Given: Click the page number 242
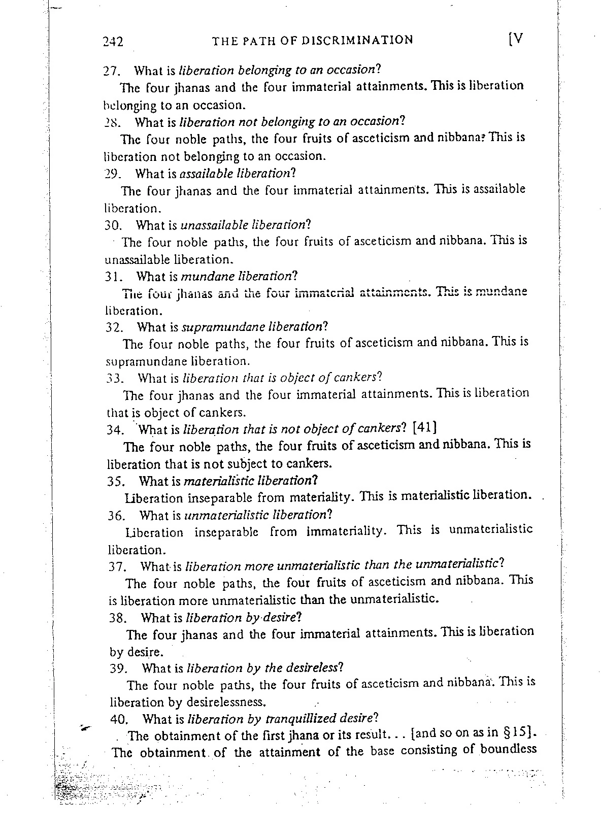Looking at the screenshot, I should point(113,41).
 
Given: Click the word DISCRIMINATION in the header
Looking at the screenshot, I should point(357,40).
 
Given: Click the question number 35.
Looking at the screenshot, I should point(117,480).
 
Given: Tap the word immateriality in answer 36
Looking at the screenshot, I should point(346,531).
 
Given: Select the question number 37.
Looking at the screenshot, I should point(118,566).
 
